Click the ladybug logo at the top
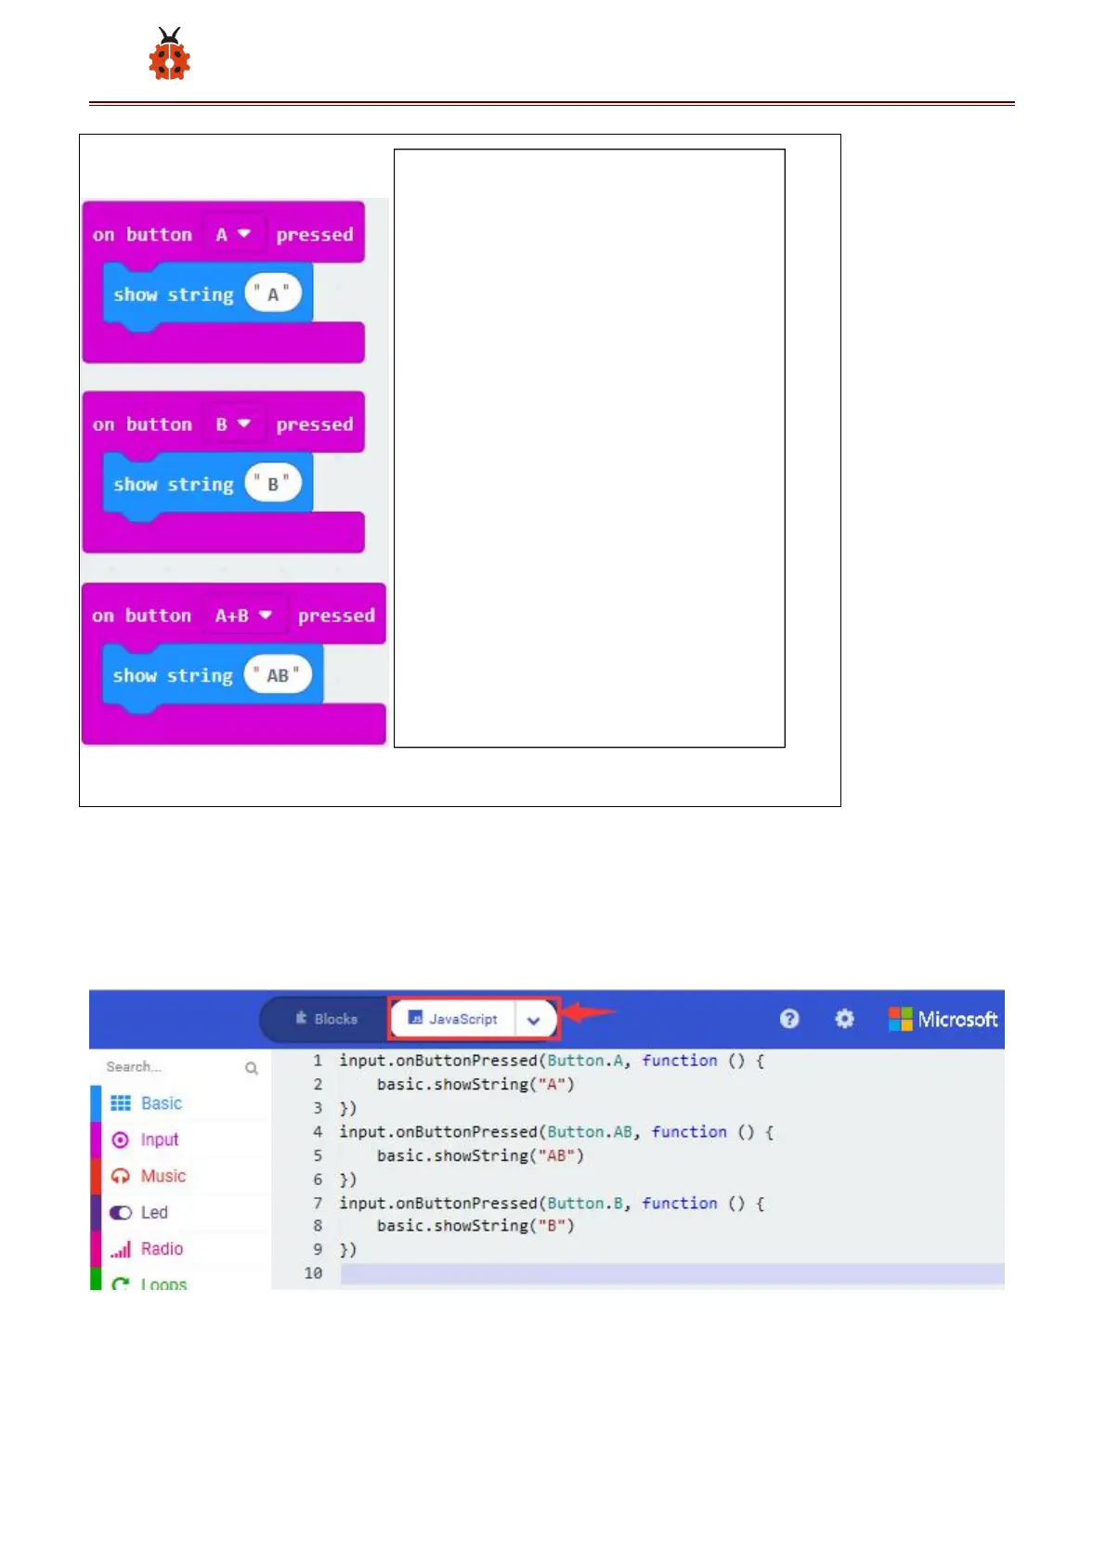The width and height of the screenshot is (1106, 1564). (x=169, y=55)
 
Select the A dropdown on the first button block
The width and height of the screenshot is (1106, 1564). (x=233, y=234)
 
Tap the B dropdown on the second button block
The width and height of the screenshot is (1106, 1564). (x=233, y=424)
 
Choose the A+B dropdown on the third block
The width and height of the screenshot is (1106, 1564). (x=243, y=616)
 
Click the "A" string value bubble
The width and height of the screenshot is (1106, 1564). (x=273, y=294)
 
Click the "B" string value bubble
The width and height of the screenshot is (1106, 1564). (x=273, y=484)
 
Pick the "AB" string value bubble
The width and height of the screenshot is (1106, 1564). (x=278, y=675)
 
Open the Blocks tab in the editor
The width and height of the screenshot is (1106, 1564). (x=326, y=1019)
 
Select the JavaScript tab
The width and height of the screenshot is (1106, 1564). (x=453, y=1019)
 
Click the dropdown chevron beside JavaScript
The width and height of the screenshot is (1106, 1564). (x=534, y=1020)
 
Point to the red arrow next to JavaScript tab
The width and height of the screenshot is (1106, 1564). (x=589, y=1012)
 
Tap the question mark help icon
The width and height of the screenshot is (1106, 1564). (x=789, y=1019)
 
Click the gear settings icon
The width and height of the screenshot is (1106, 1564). (x=844, y=1019)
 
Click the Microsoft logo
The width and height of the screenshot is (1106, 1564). (x=943, y=1019)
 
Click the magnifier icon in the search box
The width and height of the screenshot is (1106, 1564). (x=252, y=1068)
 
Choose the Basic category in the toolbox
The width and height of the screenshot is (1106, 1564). (x=161, y=1103)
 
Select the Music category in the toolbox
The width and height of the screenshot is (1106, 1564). (x=163, y=1176)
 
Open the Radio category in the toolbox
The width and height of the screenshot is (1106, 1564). (x=162, y=1249)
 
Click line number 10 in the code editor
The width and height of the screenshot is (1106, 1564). (x=313, y=1273)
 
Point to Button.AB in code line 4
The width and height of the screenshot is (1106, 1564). (x=590, y=1132)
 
